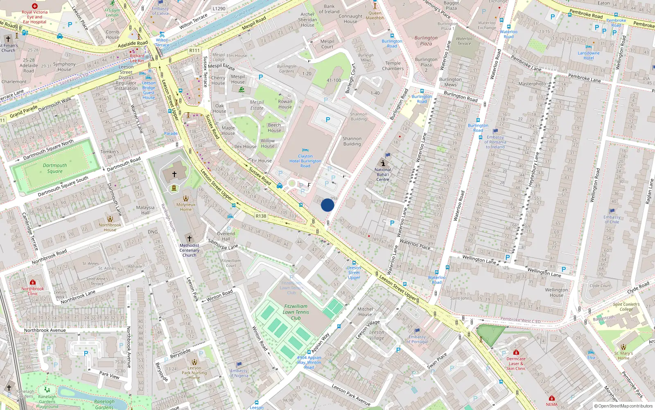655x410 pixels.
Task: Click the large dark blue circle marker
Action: pyautogui.click(x=327, y=205)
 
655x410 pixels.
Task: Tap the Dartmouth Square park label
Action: pyautogui.click(x=55, y=169)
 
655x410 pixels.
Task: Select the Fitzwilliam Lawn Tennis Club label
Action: pyautogui.click(x=296, y=312)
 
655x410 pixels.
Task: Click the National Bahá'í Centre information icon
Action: pyautogui.click(x=383, y=163)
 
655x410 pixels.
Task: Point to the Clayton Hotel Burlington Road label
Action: pyautogui.click(x=305, y=161)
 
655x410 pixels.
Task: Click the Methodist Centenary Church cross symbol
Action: pyautogui.click(x=189, y=238)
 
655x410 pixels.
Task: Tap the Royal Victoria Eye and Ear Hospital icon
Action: pyautogui.click(x=35, y=6)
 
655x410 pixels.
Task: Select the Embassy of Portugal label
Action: pyautogui.click(x=417, y=339)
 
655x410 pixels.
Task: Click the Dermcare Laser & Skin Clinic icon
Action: pyautogui.click(x=516, y=352)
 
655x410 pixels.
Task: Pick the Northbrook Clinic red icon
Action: pyautogui.click(x=33, y=282)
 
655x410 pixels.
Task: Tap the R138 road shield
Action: pyautogui.click(x=261, y=216)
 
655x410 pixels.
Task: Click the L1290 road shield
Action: pyautogui.click(x=219, y=8)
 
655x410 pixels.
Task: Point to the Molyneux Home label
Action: pyautogui.click(x=186, y=207)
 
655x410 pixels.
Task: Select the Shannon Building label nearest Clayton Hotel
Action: pyautogui.click(x=352, y=141)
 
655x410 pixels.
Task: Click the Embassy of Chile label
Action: pyautogui.click(x=612, y=219)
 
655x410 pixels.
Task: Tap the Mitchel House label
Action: pyautogui.click(x=365, y=312)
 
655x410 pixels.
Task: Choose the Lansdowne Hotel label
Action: pyautogui.click(x=588, y=55)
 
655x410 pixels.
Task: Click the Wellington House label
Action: pyautogui.click(x=556, y=292)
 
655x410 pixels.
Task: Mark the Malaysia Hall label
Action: pyautogui.click(x=145, y=210)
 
